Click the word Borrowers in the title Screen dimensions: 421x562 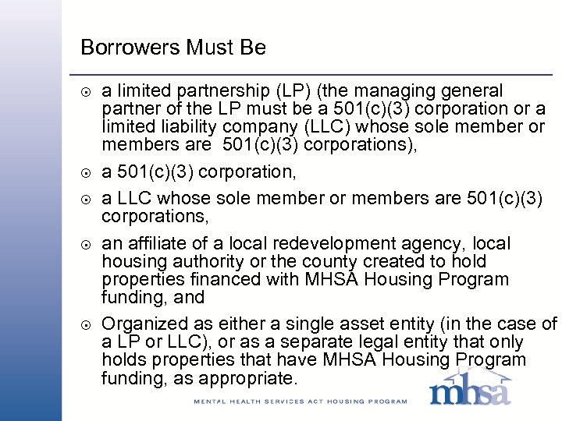pyautogui.click(x=130, y=48)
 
